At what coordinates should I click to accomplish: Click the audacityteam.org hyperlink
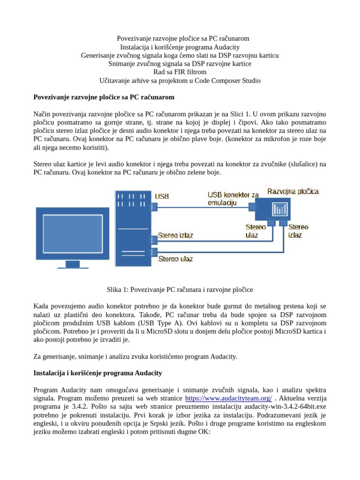click(x=228, y=398)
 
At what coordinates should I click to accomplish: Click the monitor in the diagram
click(x=73, y=233)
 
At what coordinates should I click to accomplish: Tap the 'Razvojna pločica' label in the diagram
click(x=293, y=191)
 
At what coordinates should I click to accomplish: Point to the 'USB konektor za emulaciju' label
click(x=233, y=198)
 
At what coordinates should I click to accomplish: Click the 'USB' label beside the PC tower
click(x=162, y=196)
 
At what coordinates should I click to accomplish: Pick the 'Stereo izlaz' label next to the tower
click(x=175, y=235)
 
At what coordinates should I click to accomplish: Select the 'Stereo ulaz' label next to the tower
click(x=175, y=258)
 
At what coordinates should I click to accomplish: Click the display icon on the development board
click(x=280, y=208)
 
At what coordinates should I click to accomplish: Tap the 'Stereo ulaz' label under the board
click(x=255, y=231)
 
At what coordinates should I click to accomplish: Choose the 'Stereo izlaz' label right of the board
click(x=298, y=231)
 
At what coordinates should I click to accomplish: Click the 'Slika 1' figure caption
click(x=180, y=290)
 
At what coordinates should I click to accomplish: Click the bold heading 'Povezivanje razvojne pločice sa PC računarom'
click(x=104, y=97)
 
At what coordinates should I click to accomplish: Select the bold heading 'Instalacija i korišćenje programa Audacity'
click(x=98, y=373)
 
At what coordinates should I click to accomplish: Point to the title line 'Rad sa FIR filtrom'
click(x=180, y=72)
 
